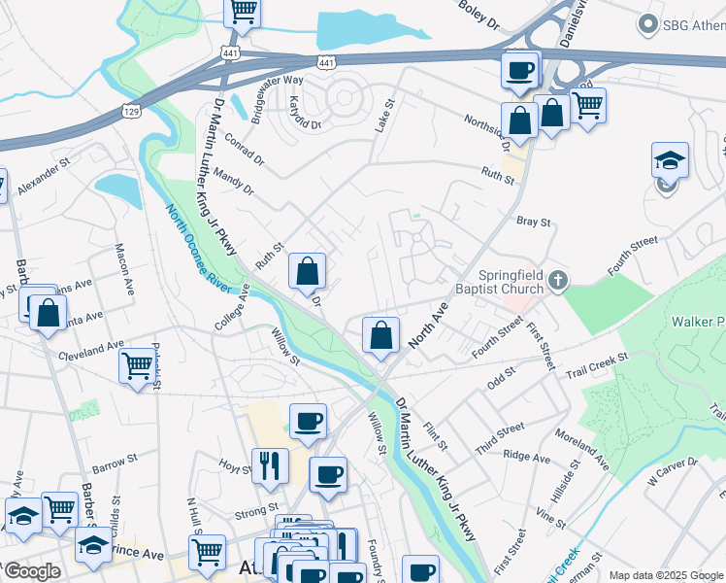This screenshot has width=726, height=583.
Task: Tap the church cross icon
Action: pyautogui.click(x=558, y=281)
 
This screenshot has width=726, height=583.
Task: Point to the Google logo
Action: pyautogui.click(x=32, y=572)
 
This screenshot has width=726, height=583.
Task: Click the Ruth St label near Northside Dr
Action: pyautogui.click(x=496, y=173)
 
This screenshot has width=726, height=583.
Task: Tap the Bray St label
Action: pyautogui.click(x=533, y=222)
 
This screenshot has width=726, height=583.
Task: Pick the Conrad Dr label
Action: pyautogui.click(x=245, y=146)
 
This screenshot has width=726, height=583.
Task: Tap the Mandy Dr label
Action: pyautogui.click(x=235, y=179)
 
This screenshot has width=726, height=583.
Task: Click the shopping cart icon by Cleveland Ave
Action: pyautogui.click(x=138, y=365)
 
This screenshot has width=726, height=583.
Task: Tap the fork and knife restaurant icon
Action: pyautogui.click(x=270, y=463)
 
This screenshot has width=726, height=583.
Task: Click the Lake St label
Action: pyautogui.click(x=385, y=117)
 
